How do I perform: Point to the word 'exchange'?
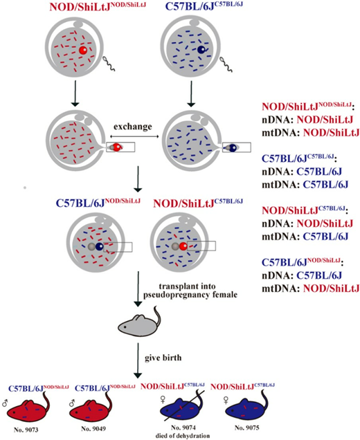point(134,129)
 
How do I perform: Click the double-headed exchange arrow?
point(134,138)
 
